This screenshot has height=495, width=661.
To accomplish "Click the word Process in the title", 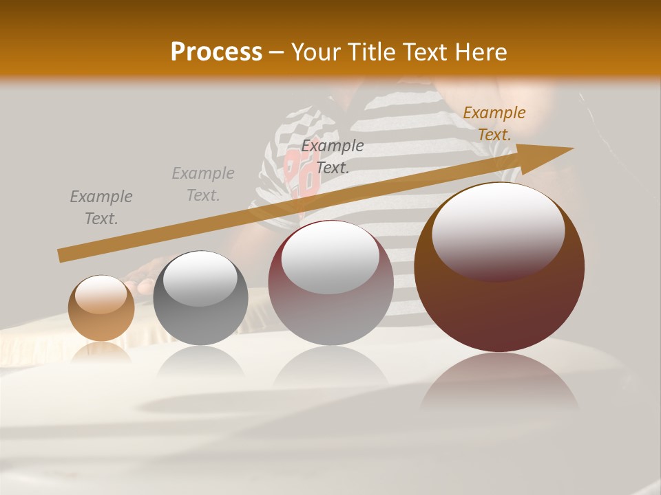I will pos(216,52).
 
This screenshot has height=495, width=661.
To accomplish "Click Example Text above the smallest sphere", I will pos(101,208).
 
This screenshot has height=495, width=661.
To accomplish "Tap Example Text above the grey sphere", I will pos(203,184).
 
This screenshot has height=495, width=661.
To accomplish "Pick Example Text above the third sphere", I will pos(333,157).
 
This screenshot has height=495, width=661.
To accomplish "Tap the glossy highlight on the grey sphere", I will pos(200,279).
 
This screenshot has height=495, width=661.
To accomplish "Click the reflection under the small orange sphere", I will pos(101,352).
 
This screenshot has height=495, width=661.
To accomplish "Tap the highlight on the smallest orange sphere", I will pos(101,296).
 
